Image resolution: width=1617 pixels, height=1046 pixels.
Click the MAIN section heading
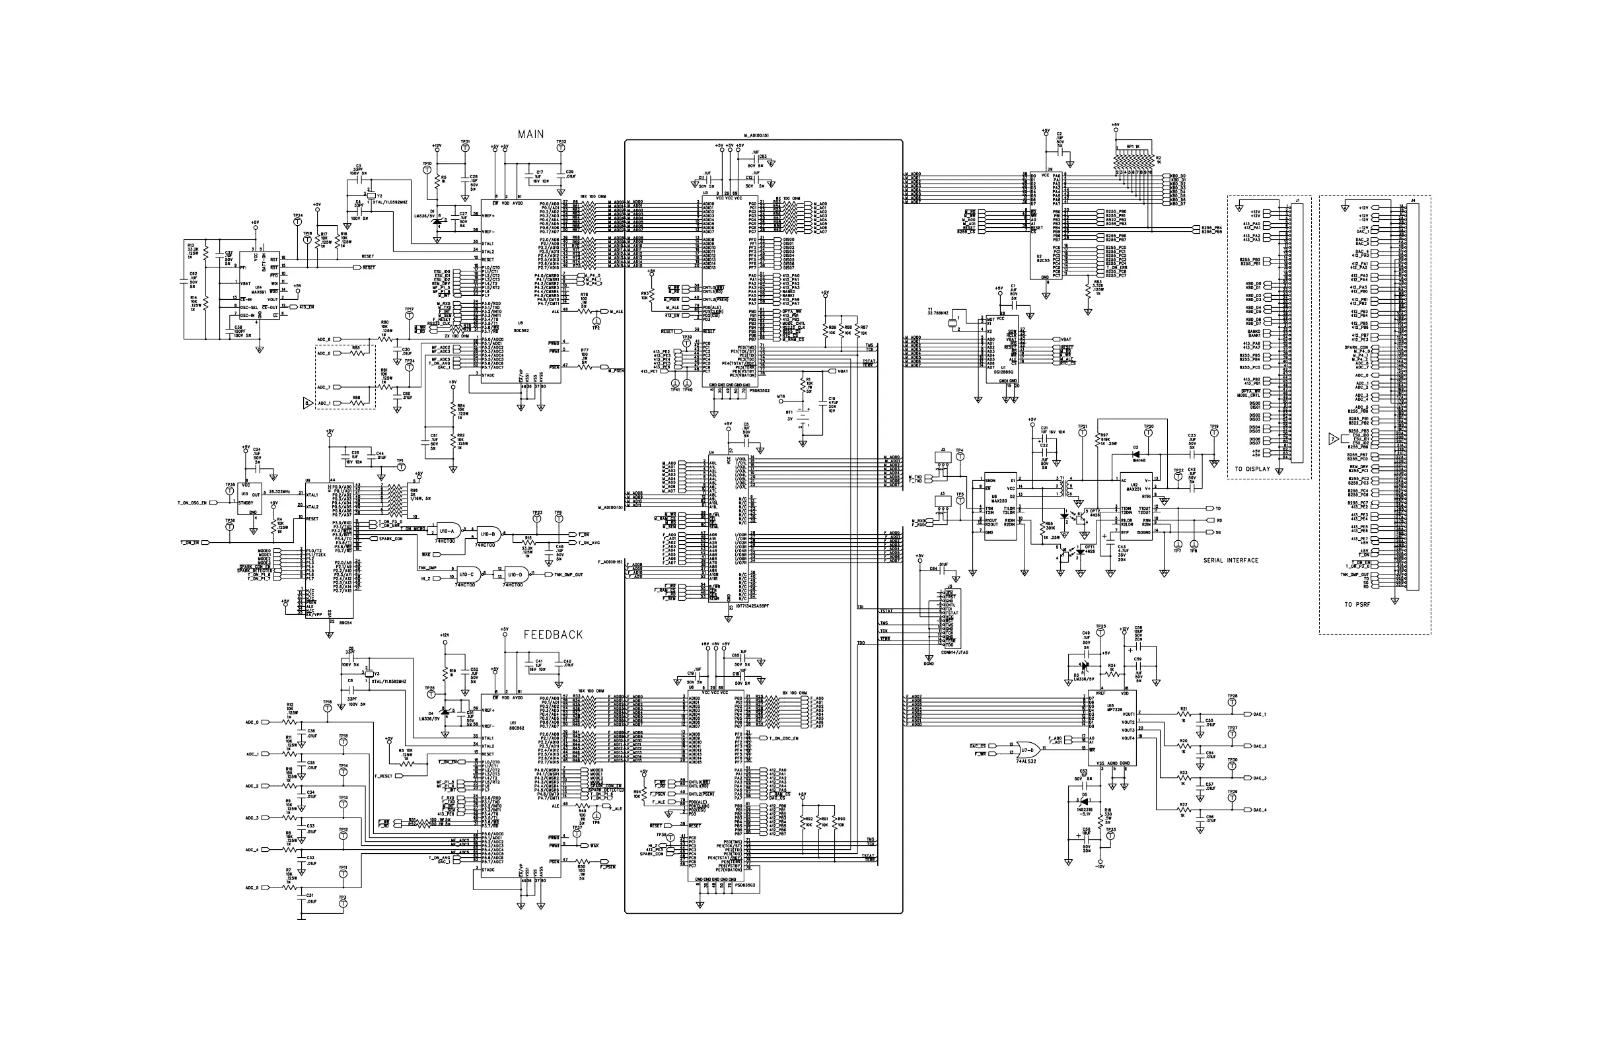[x=530, y=135]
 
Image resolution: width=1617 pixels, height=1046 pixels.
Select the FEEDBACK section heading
[x=553, y=635]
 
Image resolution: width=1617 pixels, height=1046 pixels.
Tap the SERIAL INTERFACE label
[x=1231, y=561]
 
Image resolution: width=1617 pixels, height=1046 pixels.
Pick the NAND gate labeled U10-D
[x=516, y=574]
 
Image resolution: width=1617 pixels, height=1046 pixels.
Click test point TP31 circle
[x=465, y=151]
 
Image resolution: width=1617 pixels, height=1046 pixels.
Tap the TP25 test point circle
[x=1100, y=634]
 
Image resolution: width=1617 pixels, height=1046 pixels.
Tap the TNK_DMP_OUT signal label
[x=569, y=575]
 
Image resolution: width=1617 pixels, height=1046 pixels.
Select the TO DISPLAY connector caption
[x=1252, y=470]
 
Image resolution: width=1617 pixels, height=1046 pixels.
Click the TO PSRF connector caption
[x=1357, y=604]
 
